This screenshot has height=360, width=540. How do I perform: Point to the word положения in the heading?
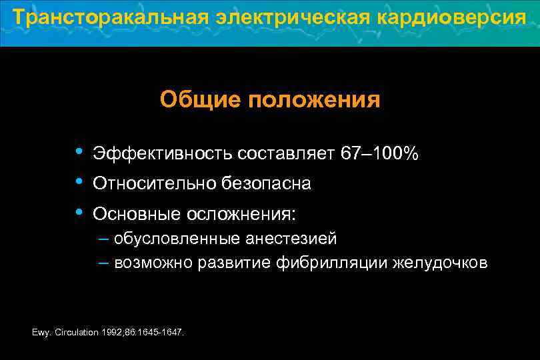click(314, 100)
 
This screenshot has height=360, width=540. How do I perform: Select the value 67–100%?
click(380, 154)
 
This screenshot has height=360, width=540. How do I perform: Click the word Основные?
click(135, 214)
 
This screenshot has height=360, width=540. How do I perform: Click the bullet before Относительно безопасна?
click(79, 181)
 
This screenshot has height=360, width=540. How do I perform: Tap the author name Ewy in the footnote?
click(40, 332)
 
